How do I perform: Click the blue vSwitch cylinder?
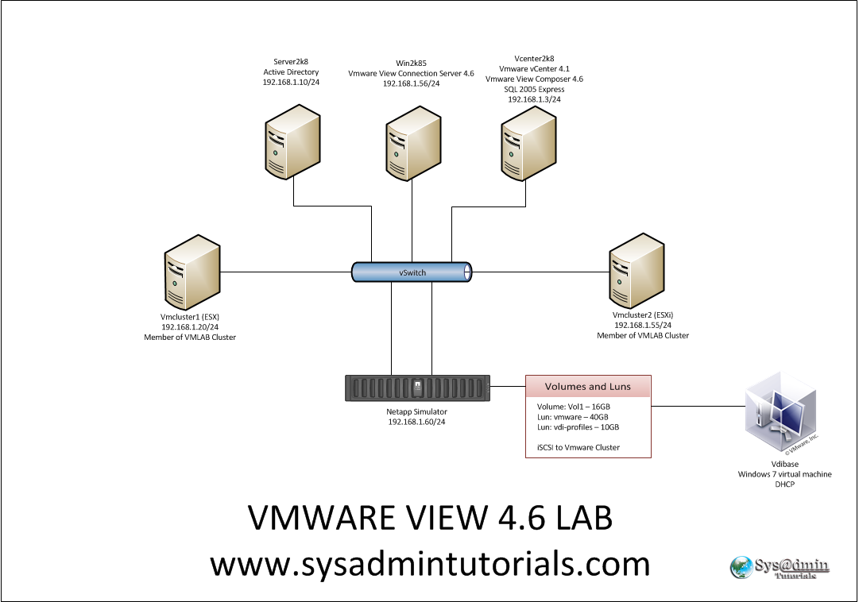pyautogui.click(x=412, y=272)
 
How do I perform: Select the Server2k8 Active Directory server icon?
pyautogui.click(x=293, y=142)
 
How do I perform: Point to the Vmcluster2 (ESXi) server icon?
pyautogui.click(x=637, y=272)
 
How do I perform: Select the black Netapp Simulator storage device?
pyautogui.click(x=417, y=388)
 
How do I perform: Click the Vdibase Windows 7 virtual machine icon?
pyautogui.click(x=784, y=418)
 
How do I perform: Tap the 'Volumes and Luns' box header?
pyautogui.click(x=588, y=387)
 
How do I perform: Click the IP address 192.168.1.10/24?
pyautogui.click(x=291, y=82)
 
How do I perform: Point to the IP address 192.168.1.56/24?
pyautogui.click(x=411, y=83)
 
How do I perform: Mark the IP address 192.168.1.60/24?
pyautogui.click(x=417, y=422)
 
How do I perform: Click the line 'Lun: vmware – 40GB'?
pyautogui.click(x=573, y=417)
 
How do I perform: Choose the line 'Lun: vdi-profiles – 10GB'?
pyautogui.click(x=578, y=427)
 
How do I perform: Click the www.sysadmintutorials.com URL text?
pyautogui.click(x=430, y=564)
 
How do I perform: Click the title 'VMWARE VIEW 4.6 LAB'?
pyautogui.click(x=430, y=519)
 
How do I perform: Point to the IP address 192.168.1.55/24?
pyautogui.click(x=643, y=325)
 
